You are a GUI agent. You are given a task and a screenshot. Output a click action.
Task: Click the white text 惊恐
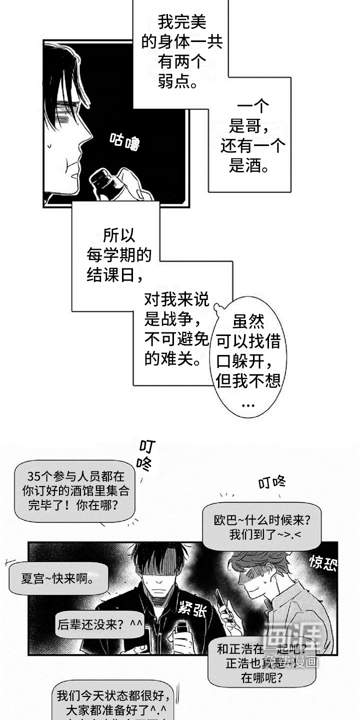coord(322,563)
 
